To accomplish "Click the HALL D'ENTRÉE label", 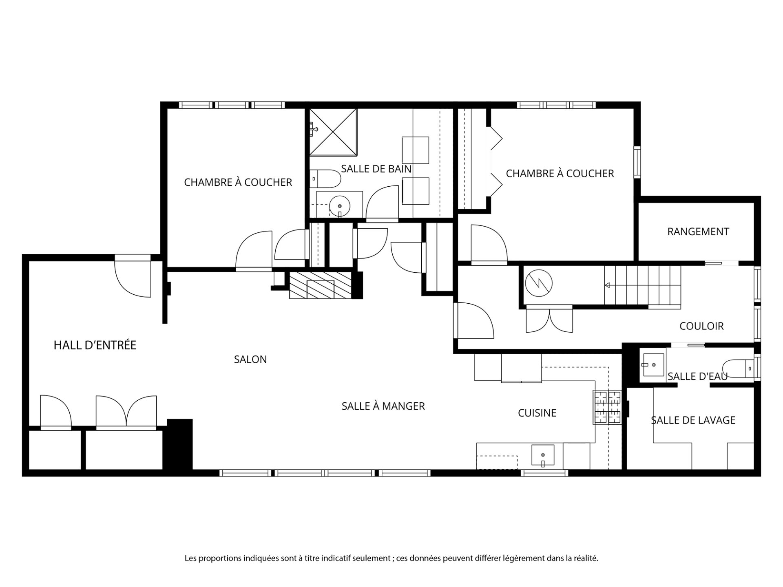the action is pos(95,345).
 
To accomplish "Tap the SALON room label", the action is pos(250,360).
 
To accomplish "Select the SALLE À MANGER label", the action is pos(383,406).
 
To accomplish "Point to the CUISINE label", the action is pos(537,413).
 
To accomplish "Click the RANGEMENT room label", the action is pos(698,232).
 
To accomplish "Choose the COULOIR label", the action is pos(701,326).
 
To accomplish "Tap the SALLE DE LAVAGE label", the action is pos(693,420).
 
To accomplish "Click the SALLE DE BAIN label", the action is pos(376,169).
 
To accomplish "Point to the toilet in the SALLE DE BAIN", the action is pos(325,178).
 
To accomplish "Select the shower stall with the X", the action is pos(333,132).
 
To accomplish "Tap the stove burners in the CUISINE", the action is pos(607,407).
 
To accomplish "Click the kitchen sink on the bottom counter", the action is pos(543,456).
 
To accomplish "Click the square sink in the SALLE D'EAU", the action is pos(653,364).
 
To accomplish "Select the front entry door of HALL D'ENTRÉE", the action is pos(133,276).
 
